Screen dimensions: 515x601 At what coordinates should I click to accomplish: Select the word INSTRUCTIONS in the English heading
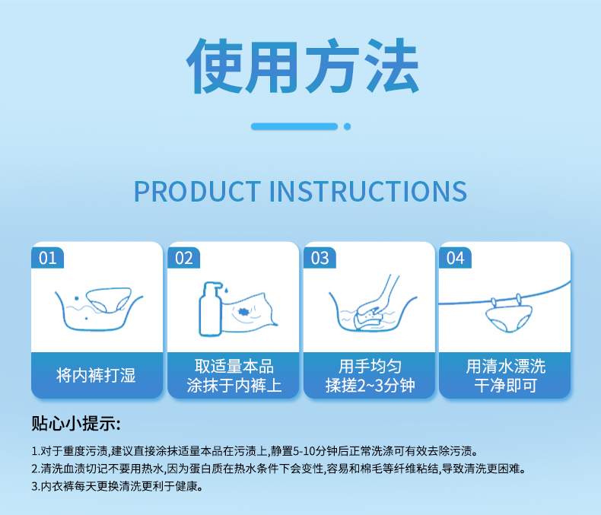tap(369, 191)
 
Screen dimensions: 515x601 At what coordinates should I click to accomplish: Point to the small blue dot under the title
tap(348, 126)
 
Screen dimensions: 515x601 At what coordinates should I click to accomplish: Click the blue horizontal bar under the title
tap(294, 126)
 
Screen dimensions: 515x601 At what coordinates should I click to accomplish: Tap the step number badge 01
tap(47, 258)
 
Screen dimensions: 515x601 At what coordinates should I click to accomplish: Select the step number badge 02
tap(183, 258)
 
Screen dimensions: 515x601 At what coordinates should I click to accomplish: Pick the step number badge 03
tap(320, 258)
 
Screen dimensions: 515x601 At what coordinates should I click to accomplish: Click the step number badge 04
tap(455, 258)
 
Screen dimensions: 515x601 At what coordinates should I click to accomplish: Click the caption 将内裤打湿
tap(97, 375)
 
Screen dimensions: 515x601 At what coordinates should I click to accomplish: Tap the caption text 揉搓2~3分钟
tap(369, 386)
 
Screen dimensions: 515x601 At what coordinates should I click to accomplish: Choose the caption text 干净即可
tap(505, 386)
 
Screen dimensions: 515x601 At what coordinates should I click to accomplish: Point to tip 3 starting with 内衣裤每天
tap(118, 486)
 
